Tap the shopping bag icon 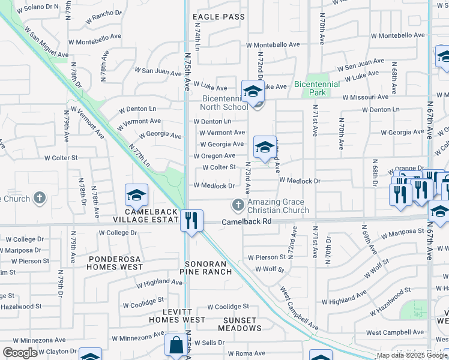(177, 346)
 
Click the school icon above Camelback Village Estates (136, 195)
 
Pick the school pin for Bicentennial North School (253, 92)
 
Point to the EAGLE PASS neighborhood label (217, 17)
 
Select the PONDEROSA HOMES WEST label (116, 262)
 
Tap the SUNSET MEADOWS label (240, 324)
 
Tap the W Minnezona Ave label (134, 338)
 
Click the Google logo (20, 353)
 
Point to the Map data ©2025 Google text (412, 355)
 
